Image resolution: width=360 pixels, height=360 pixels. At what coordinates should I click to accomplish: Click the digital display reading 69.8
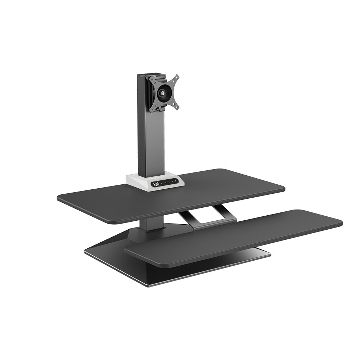(156, 184)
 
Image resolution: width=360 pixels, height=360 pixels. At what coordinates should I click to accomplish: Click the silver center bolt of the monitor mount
(163, 93)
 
